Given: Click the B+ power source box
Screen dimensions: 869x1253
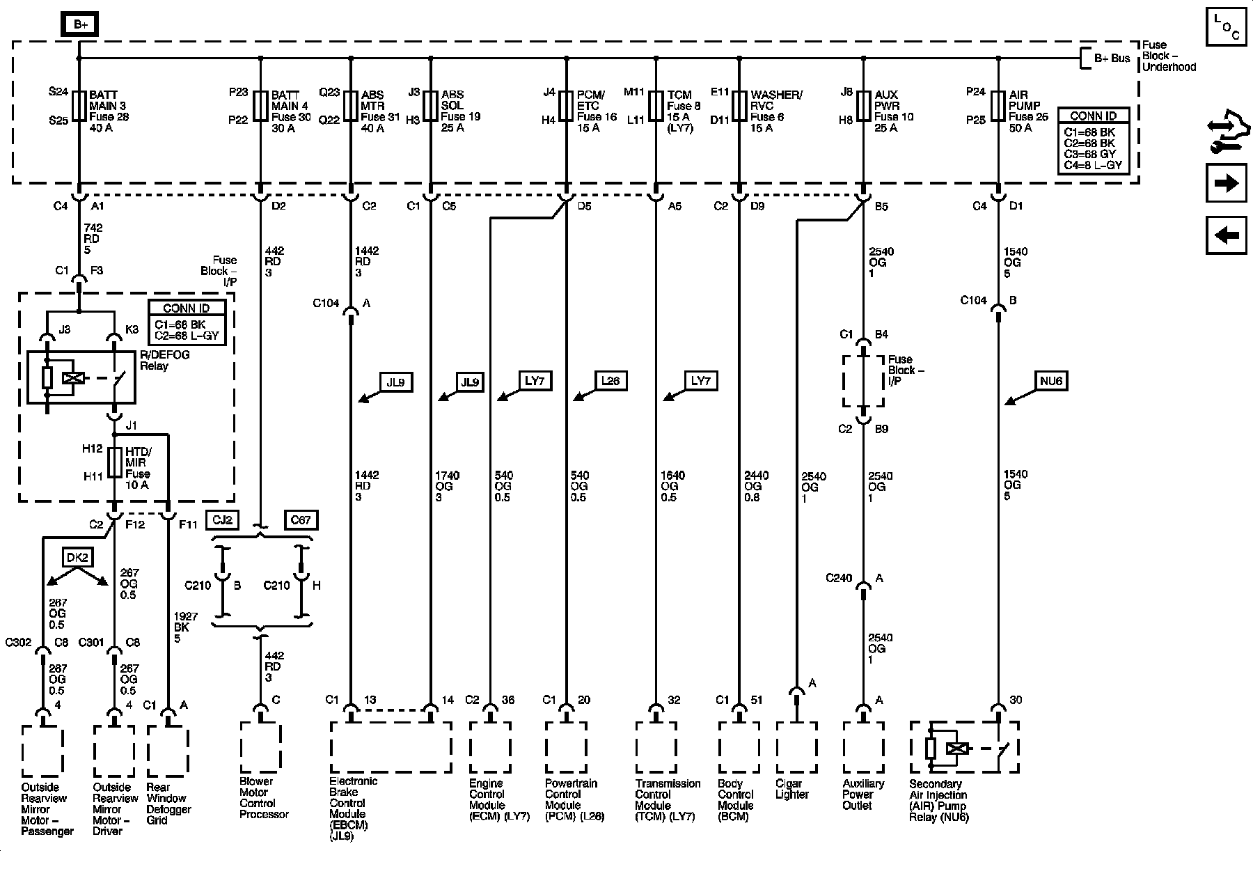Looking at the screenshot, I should (x=81, y=25).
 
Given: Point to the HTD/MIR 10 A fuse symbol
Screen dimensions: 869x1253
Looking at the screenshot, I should (x=115, y=462).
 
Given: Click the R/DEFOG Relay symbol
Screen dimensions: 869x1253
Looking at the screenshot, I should (x=81, y=377).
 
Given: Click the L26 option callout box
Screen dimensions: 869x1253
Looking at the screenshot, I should (x=610, y=381).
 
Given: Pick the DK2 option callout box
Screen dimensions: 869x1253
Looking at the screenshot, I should (x=77, y=558).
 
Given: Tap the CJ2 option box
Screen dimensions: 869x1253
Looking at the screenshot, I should (x=223, y=520).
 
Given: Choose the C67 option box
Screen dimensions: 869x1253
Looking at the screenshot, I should (x=301, y=520).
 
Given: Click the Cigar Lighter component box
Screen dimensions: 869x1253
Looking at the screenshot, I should (x=796, y=748).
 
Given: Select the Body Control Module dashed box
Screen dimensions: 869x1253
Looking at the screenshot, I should (x=739, y=748).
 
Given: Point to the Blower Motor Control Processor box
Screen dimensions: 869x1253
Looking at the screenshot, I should (x=261, y=748).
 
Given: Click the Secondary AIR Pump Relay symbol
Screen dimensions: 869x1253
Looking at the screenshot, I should (x=965, y=748).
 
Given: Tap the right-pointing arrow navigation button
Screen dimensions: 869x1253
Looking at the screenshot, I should (x=1226, y=184).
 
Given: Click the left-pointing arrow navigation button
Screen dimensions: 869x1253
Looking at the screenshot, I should (x=1226, y=235).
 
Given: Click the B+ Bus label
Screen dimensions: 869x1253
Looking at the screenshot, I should (x=1112, y=58).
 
